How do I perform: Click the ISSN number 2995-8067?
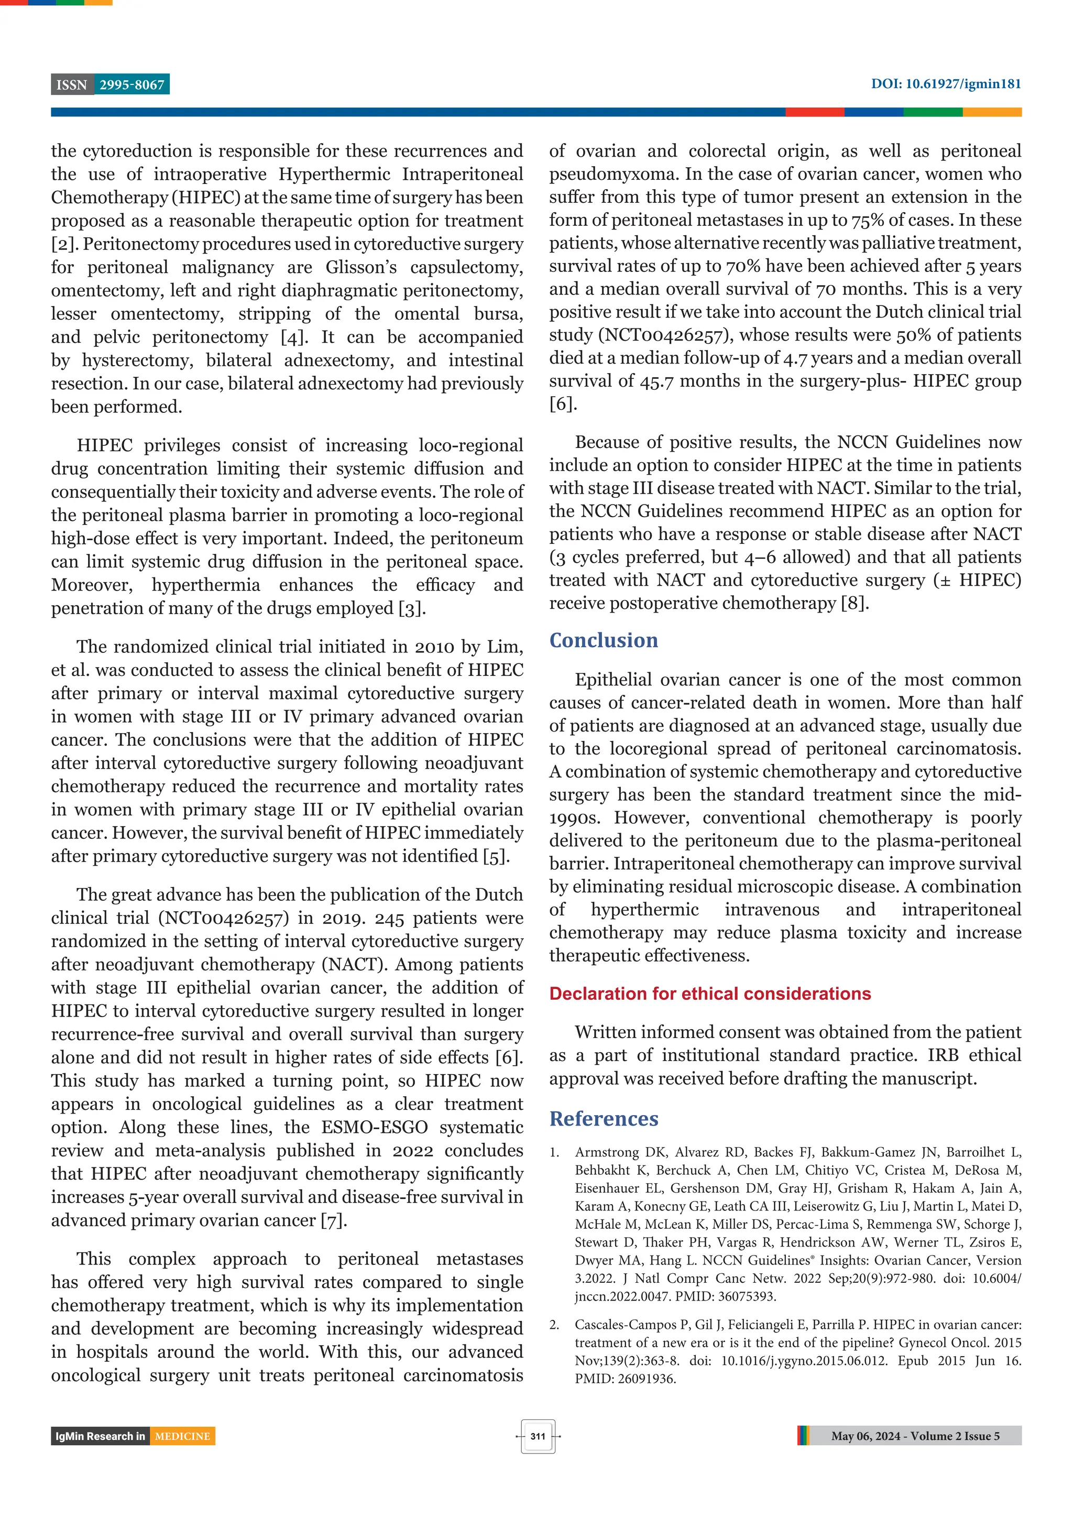tap(132, 85)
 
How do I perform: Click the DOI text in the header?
tap(945, 84)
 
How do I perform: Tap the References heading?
tap(603, 1118)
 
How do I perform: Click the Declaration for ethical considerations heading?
tap(709, 993)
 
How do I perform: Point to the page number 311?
tap(538, 1436)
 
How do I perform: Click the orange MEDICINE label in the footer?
tap(182, 1436)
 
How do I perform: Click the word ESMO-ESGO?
tap(374, 1127)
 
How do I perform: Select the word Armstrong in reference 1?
tap(606, 1152)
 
